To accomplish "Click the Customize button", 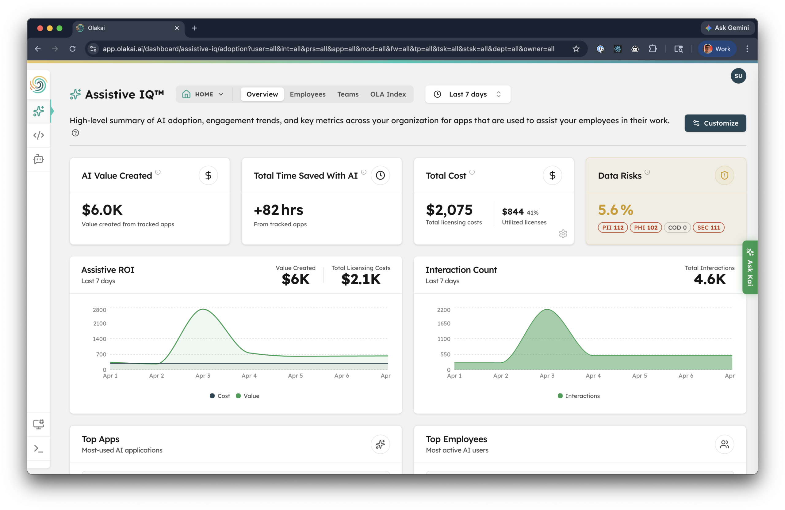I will (x=715, y=123).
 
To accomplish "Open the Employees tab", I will (x=307, y=94).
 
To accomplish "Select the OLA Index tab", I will (x=388, y=94).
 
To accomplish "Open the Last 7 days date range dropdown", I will (x=467, y=94).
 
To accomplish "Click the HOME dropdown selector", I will (x=203, y=94).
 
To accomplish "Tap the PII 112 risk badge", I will (x=612, y=228).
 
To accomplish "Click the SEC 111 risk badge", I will (x=708, y=228).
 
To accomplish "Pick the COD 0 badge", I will (x=677, y=228).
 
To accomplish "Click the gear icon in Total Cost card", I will (x=563, y=234).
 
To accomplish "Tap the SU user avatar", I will (x=738, y=76).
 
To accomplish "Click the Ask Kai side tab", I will (x=750, y=267).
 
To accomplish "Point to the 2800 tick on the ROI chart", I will (x=99, y=310).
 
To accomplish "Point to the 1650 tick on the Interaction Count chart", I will (x=444, y=323).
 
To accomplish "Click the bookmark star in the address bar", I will (x=576, y=49).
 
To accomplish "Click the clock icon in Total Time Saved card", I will (x=380, y=175).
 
